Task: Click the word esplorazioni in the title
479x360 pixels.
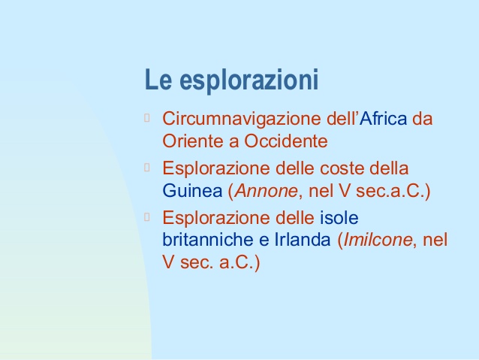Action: [249, 80]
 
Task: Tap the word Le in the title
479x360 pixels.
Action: [158, 80]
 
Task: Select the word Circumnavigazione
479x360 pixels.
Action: [242, 119]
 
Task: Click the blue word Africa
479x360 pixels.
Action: [383, 118]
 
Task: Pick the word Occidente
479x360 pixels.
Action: [285, 141]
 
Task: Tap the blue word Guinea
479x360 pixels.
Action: [192, 191]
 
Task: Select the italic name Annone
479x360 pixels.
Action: [267, 191]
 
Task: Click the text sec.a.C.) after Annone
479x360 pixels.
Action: [393, 191]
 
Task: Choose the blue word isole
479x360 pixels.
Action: [339, 217]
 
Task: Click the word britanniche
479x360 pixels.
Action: [208, 240]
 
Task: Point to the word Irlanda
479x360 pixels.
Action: [303, 240]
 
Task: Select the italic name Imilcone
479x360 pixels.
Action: [378, 240]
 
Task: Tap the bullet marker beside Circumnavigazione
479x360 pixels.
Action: [147, 118]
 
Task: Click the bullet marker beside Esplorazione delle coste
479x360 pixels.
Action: [147, 168]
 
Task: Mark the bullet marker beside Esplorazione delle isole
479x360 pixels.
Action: [147, 217]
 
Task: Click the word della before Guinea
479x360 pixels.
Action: [389, 168]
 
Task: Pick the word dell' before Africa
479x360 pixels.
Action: [343, 118]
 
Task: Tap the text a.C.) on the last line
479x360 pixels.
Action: [239, 262]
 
